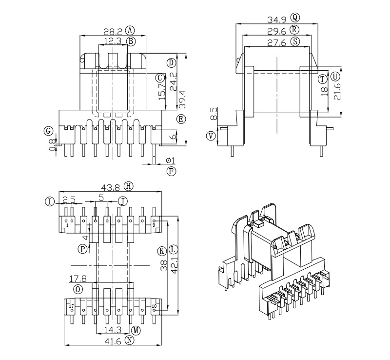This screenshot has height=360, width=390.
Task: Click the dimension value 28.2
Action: coord(113,31)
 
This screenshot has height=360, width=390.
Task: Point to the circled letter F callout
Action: coord(171,171)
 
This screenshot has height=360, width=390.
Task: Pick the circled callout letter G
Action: coord(48,131)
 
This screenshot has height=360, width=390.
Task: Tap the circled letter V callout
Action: coord(211,136)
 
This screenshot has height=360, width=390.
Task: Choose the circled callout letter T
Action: coord(322,79)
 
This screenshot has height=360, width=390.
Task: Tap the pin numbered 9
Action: coord(154,225)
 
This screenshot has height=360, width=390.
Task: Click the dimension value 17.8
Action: coord(78,279)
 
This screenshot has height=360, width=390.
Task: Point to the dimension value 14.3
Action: coord(113,330)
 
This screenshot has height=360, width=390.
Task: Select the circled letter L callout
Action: coord(174,250)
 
